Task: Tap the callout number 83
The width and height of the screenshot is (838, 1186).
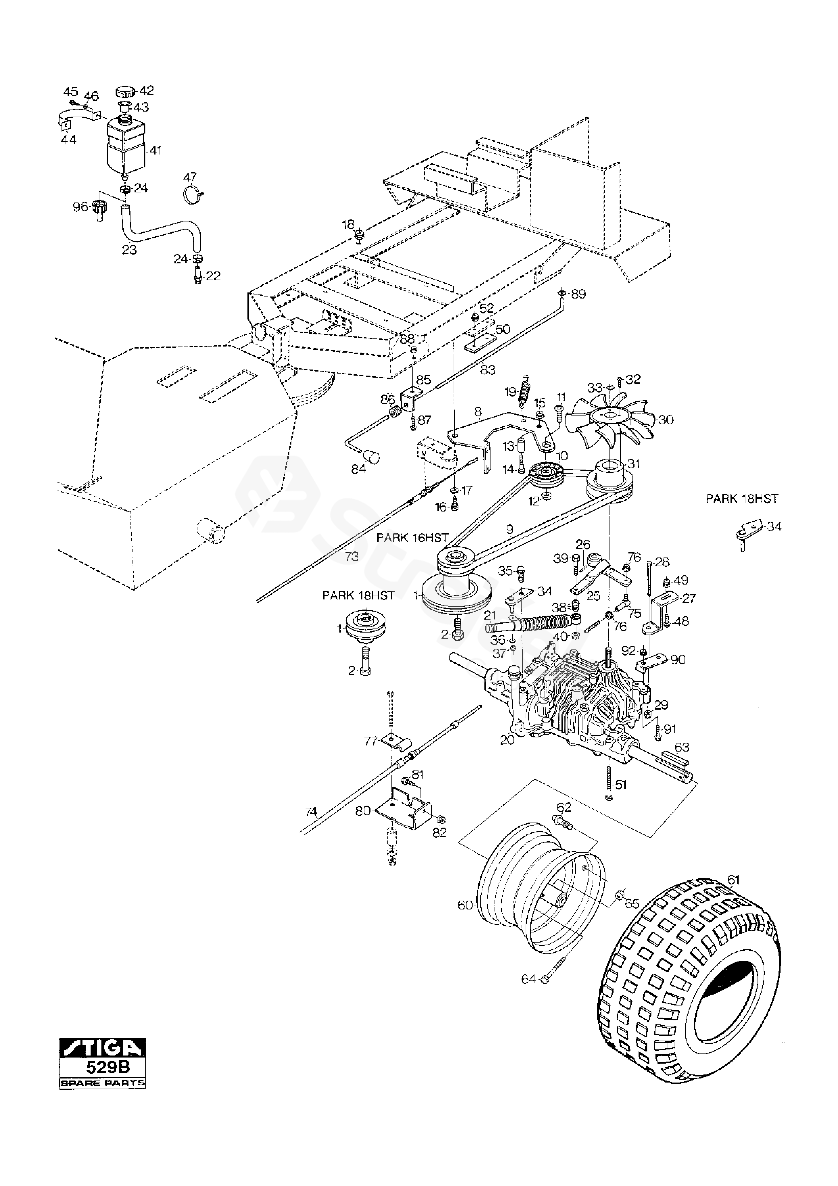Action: tap(487, 370)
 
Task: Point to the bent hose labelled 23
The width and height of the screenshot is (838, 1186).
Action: tap(160, 233)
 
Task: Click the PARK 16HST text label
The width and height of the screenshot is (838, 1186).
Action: tap(412, 538)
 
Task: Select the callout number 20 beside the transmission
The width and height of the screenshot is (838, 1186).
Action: tap(507, 740)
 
